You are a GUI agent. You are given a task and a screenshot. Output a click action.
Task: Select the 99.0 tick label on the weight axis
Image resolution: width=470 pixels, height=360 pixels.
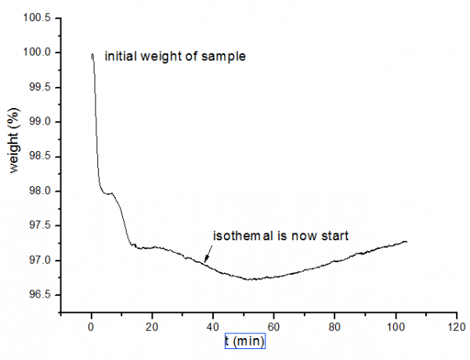coord(42,122)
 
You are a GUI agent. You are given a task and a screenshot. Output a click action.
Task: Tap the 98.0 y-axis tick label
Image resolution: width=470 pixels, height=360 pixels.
coord(42,191)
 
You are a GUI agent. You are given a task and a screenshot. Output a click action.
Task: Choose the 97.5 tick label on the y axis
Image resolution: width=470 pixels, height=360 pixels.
coord(42,225)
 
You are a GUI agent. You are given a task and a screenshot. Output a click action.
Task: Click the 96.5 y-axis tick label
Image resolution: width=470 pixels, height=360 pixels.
coord(42,295)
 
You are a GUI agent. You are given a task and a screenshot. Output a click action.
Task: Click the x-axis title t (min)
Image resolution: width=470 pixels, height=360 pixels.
coord(246,342)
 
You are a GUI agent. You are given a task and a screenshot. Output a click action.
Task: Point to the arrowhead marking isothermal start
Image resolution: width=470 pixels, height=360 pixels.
coord(206,260)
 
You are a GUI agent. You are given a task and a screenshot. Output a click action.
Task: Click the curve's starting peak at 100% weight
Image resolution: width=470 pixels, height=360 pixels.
coord(92,54)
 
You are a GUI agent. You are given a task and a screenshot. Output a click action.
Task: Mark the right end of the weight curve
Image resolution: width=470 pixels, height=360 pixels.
coord(407,242)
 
